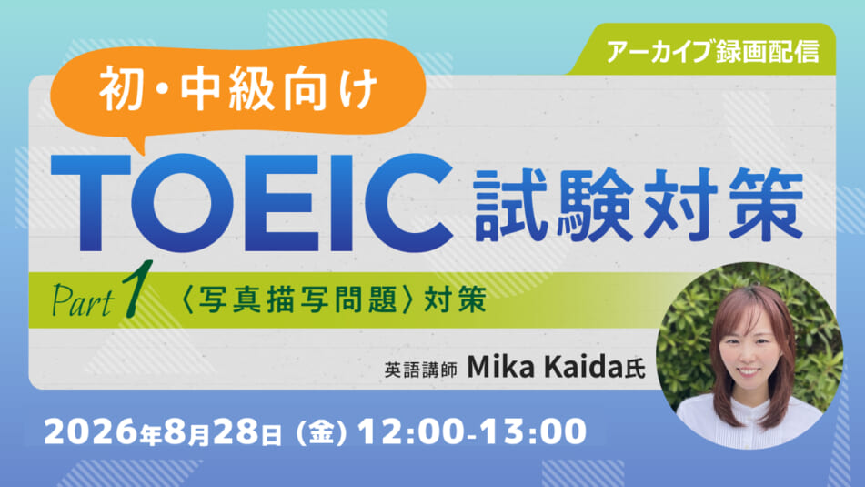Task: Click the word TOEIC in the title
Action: pyautogui.click(x=253, y=203)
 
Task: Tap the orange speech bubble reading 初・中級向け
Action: pyautogui.click(x=238, y=88)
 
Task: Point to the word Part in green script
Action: pyautogui.click(x=82, y=301)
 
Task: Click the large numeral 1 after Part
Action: pyautogui.click(x=136, y=289)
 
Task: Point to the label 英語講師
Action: pyautogui.click(x=420, y=370)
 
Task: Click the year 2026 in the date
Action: pyautogui.click(x=91, y=431)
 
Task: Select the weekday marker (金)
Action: pyautogui.click(x=322, y=432)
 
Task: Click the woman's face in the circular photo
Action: pyautogui.click(x=749, y=348)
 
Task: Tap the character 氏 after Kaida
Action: pyautogui.click(x=634, y=370)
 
